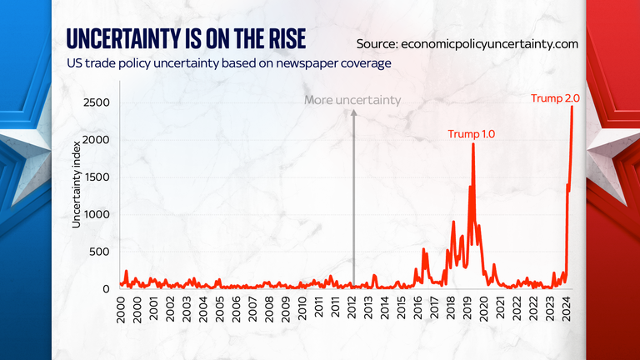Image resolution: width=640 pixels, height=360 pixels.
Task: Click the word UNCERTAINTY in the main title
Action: coord(118,38)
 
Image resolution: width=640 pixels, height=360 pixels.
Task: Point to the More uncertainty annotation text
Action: coord(352,100)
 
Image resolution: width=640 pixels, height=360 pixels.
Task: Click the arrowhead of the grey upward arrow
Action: coord(352,114)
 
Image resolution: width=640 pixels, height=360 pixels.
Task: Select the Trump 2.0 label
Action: coord(555,99)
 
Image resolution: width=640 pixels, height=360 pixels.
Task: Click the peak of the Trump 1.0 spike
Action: coord(473,144)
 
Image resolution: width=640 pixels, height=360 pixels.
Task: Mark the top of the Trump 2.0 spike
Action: coord(572,107)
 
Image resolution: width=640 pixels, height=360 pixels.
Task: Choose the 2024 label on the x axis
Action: coord(566,311)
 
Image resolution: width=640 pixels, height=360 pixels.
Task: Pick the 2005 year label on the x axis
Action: coord(218,311)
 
